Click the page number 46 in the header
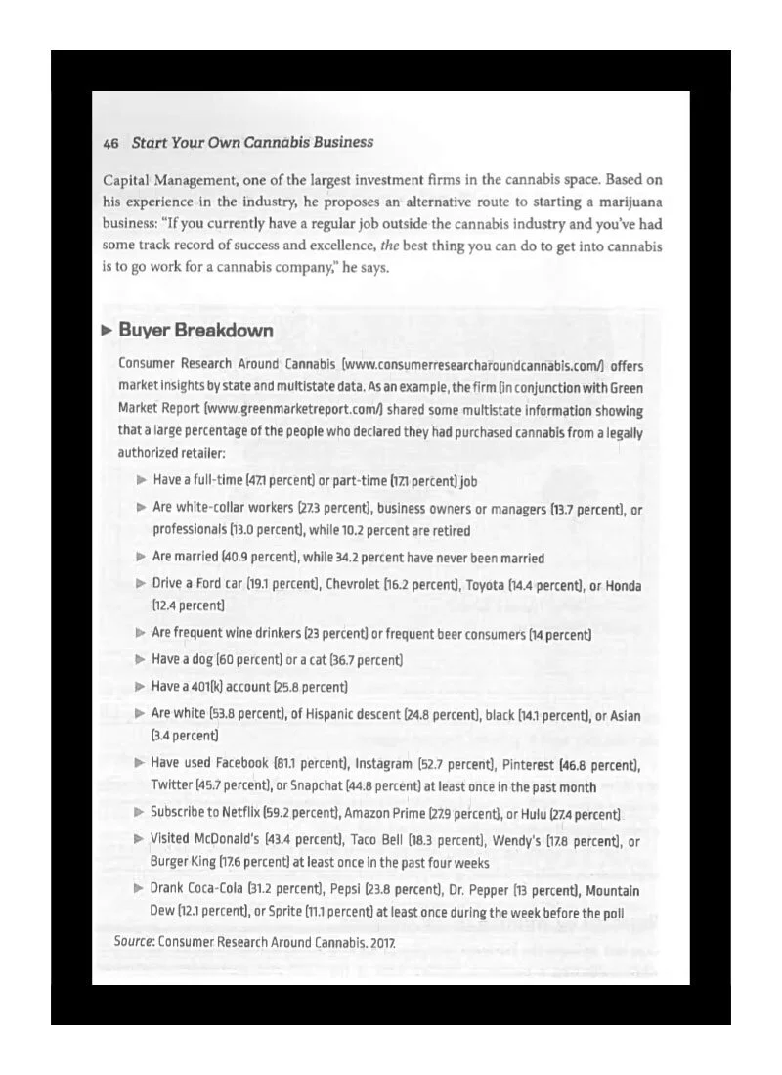110,143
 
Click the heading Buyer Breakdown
195,330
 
